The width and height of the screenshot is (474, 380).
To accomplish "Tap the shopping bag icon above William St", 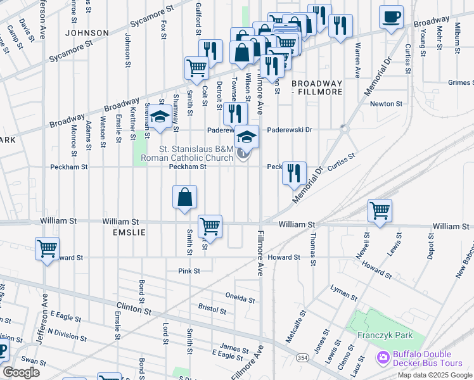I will pos(184,197).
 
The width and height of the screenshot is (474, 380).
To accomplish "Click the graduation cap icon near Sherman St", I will pos(160,118).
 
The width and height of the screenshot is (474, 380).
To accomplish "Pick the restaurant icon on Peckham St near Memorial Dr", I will pos(294,173).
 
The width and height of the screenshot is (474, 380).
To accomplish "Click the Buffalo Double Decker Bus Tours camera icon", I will pos(383,358).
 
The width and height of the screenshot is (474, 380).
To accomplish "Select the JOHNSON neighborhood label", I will pos(87,32).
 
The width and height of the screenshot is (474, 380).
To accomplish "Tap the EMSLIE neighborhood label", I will pos(129,232).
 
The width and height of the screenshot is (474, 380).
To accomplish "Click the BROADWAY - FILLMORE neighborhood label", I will pos(317,87).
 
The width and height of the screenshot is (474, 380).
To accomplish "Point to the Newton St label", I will pos(387,103).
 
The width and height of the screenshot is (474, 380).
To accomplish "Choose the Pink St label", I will pos(189,270).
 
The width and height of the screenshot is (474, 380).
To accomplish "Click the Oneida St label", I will pos(241,296).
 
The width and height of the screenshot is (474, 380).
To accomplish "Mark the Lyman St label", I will pos(344,289).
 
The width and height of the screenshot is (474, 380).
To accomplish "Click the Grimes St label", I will pos(460,82).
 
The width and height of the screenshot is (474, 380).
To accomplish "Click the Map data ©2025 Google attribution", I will pos(434,375).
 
